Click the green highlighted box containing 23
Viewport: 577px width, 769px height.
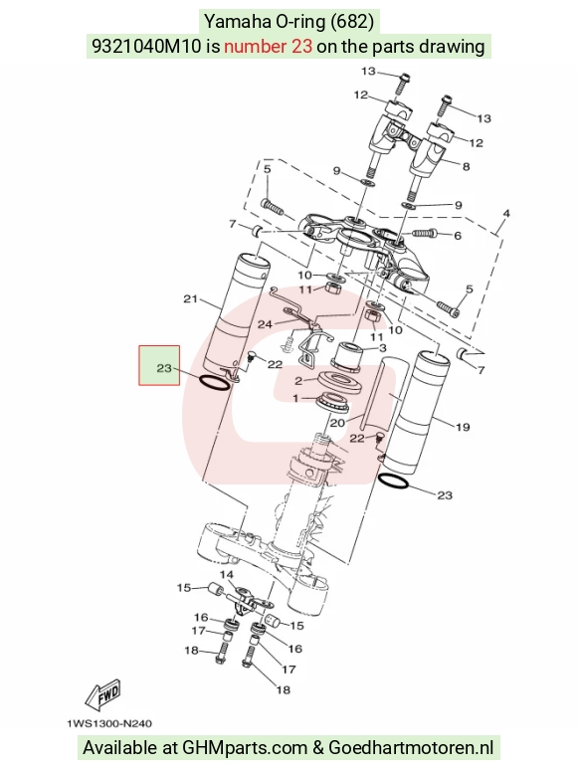159,365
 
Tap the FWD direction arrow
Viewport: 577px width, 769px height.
102,695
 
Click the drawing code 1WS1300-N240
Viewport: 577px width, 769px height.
109,723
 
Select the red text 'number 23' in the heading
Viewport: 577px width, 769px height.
268,46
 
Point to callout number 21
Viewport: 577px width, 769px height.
190,298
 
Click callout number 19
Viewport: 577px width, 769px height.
463,427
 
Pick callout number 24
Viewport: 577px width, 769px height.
265,324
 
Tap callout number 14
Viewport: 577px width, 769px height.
227,574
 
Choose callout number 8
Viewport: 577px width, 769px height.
467,167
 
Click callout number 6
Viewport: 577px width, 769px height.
458,236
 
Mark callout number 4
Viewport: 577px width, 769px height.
506,213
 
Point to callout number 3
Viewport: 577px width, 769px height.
382,348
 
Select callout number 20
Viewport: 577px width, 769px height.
337,422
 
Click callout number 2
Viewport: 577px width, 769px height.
298,381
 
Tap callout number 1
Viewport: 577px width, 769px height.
295,399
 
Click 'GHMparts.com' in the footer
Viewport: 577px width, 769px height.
245,748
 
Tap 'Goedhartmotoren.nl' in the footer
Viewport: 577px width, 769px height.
411,748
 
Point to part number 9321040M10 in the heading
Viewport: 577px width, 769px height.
147,46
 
